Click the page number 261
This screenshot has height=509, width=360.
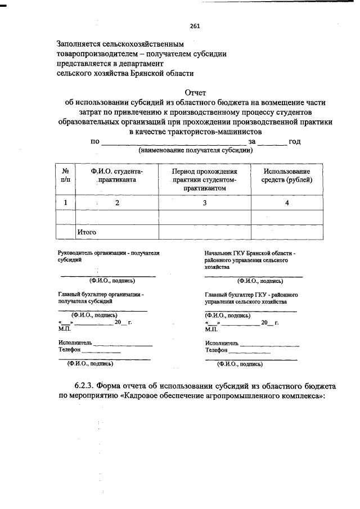click(x=195, y=26)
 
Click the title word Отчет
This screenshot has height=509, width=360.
click(x=196, y=93)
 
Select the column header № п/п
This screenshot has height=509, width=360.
click(x=65, y=175)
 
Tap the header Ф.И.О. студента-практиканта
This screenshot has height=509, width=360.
click(x=117, y=175)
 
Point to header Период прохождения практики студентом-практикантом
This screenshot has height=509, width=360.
click(x=204, y=180)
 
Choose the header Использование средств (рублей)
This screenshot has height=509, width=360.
click(x=287, y=175)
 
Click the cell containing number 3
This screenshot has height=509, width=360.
click(x=205, y=203)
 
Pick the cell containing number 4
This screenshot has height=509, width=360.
click(x=287, y=203)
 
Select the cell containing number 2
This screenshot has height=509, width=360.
click(x=117, y=203)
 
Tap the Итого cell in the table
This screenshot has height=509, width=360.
click(x=87, y=232)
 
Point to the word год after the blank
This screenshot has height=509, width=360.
click(x=295, y=142)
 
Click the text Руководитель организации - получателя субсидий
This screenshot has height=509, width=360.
click(x=109, y=257)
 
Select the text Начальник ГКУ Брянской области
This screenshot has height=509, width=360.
click(x=254, y=254)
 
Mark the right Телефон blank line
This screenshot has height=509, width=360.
click(x=250, y=351)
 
